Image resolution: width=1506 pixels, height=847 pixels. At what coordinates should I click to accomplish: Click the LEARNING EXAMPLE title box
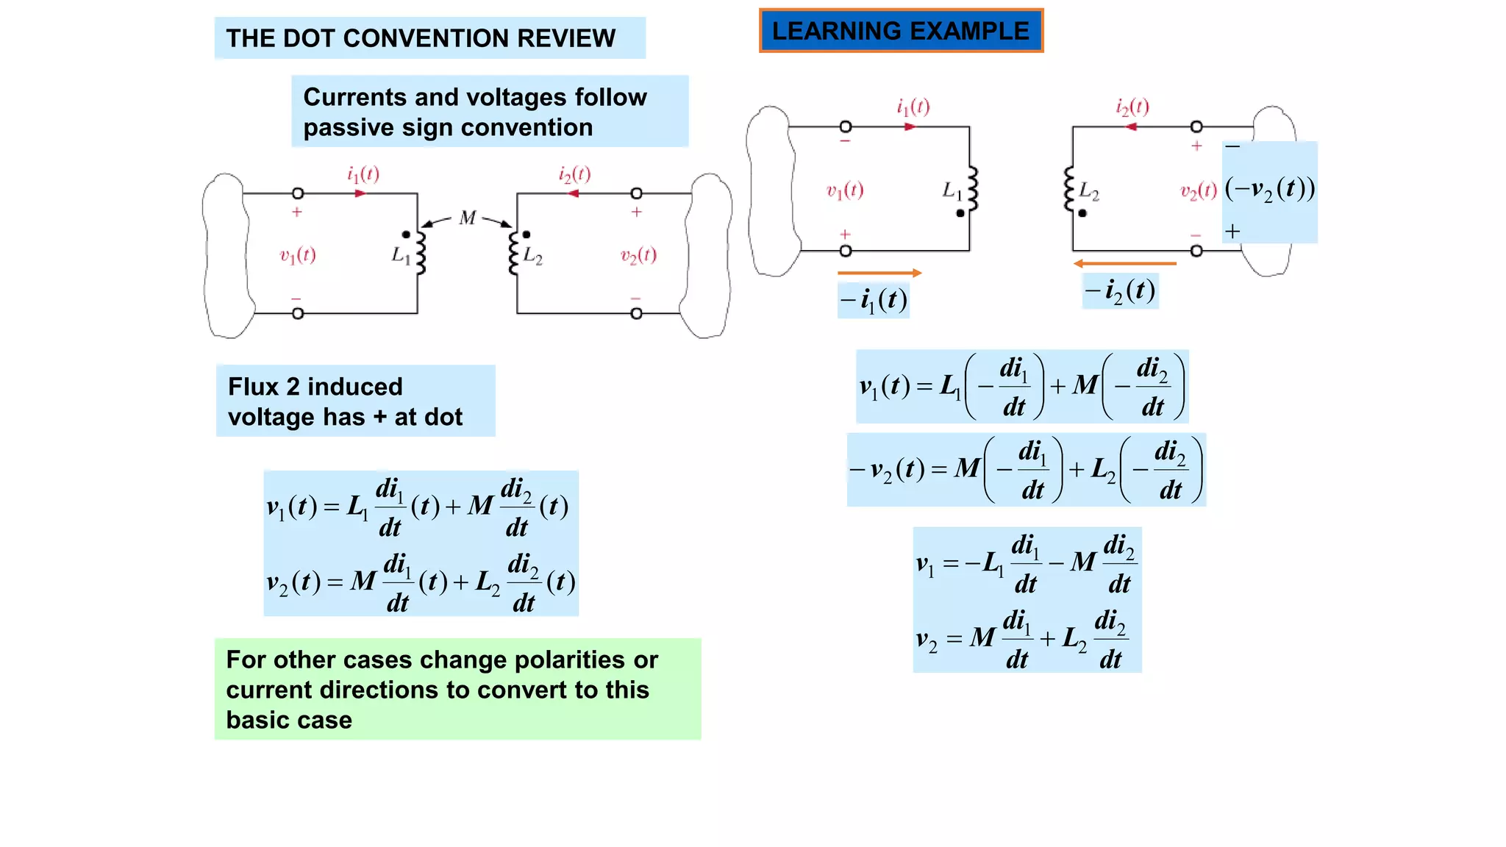901,31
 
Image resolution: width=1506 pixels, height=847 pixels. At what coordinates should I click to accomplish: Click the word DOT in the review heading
309,38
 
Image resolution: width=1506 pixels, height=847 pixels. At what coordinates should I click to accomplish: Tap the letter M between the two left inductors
468,218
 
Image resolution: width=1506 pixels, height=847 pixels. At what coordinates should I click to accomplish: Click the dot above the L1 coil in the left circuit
406,235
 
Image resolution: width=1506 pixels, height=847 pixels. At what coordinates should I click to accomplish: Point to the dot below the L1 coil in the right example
960,213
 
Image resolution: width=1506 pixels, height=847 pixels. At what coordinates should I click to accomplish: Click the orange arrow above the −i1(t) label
879,273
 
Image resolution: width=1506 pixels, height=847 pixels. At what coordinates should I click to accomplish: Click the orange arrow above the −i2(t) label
1124,263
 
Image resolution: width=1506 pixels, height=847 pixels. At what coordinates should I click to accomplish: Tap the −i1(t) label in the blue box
874,300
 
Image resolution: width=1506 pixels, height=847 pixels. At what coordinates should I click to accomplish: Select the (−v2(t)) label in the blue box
1270,189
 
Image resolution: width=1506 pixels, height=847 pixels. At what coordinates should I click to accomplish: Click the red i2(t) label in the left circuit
574,174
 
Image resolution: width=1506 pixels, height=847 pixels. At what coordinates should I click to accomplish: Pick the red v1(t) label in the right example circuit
845,191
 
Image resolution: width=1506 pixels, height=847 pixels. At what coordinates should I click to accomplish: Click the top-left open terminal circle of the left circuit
298,193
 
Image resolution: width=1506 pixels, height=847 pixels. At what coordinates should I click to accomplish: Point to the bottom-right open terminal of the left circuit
636,314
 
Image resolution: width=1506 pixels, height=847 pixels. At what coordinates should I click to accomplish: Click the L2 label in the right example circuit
1089,192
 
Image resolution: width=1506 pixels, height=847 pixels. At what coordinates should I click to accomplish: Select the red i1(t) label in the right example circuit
913,107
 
